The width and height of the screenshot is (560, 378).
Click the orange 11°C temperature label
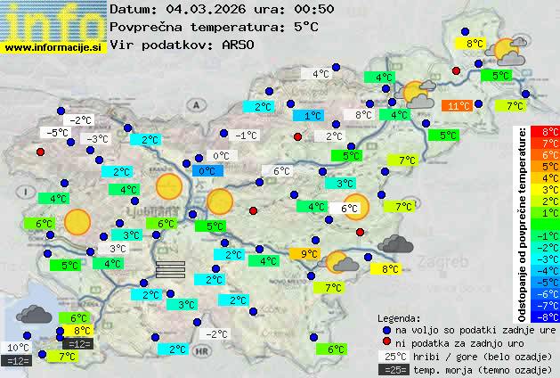coord(459,105)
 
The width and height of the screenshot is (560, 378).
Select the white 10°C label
coord(18,348)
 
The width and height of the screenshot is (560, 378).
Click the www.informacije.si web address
coord(53,47)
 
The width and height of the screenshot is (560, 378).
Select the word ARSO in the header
coord(241,45)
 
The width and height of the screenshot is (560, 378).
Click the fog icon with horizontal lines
coord(170,270)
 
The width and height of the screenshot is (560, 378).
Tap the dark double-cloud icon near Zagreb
coord(394,242)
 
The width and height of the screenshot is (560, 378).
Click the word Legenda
coord(400,317)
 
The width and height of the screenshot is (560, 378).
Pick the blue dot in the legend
coord(386,330)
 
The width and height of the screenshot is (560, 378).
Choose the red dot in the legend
coord(386,342)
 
